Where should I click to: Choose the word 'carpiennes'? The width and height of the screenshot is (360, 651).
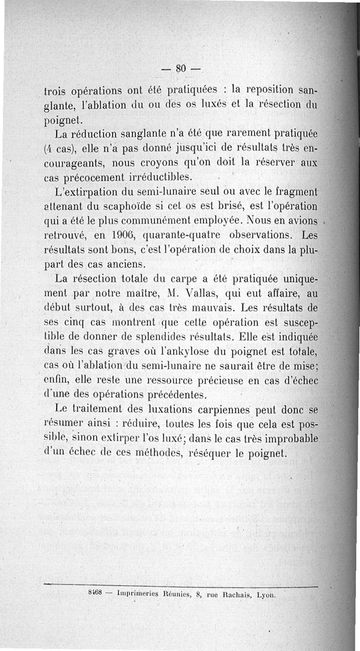[219, 409]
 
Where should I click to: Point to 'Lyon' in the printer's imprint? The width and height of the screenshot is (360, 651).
[265, 594]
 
